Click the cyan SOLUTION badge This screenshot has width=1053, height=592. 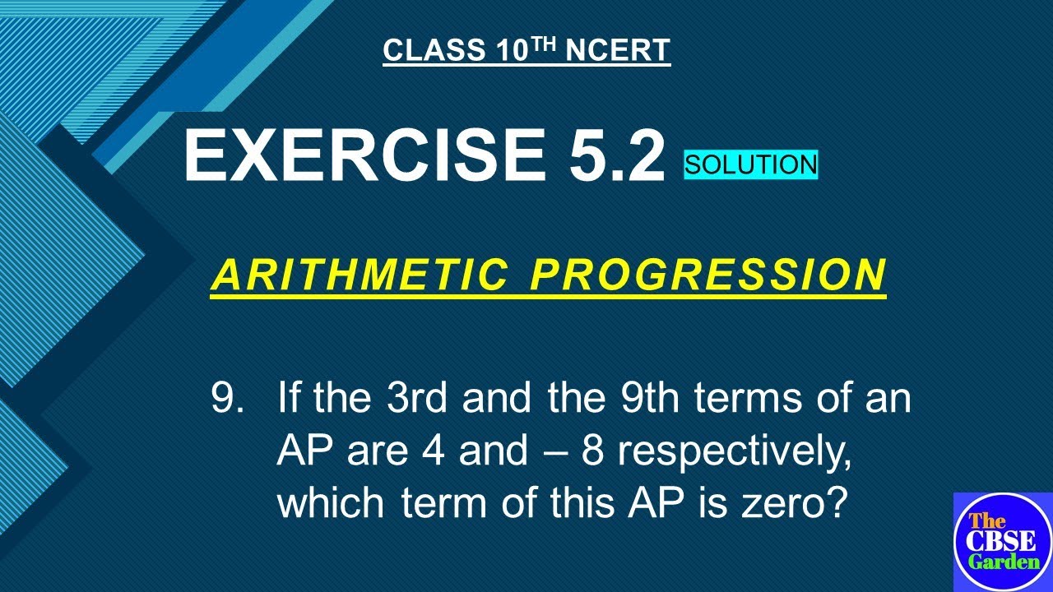coord(751,164)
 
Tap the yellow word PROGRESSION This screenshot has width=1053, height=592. coord(708,275)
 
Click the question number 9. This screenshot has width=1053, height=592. coord(228,400)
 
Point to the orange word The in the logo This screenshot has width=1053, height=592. coord(986,520)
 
